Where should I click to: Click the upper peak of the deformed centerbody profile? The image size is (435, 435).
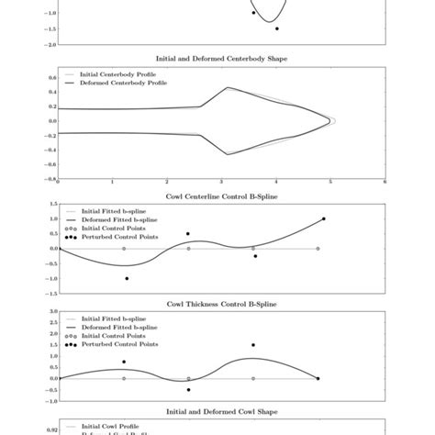pos(228,88)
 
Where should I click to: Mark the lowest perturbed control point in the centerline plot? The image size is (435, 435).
pos(126,278)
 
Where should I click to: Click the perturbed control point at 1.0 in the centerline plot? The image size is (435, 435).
pos(323,218)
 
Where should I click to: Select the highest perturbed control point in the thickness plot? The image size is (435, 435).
pos(253,345)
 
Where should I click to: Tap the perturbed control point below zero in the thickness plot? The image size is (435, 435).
pos(188,389)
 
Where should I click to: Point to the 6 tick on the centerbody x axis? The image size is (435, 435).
pos(384,183)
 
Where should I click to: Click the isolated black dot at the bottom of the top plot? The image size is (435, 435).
pos(277,28)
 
